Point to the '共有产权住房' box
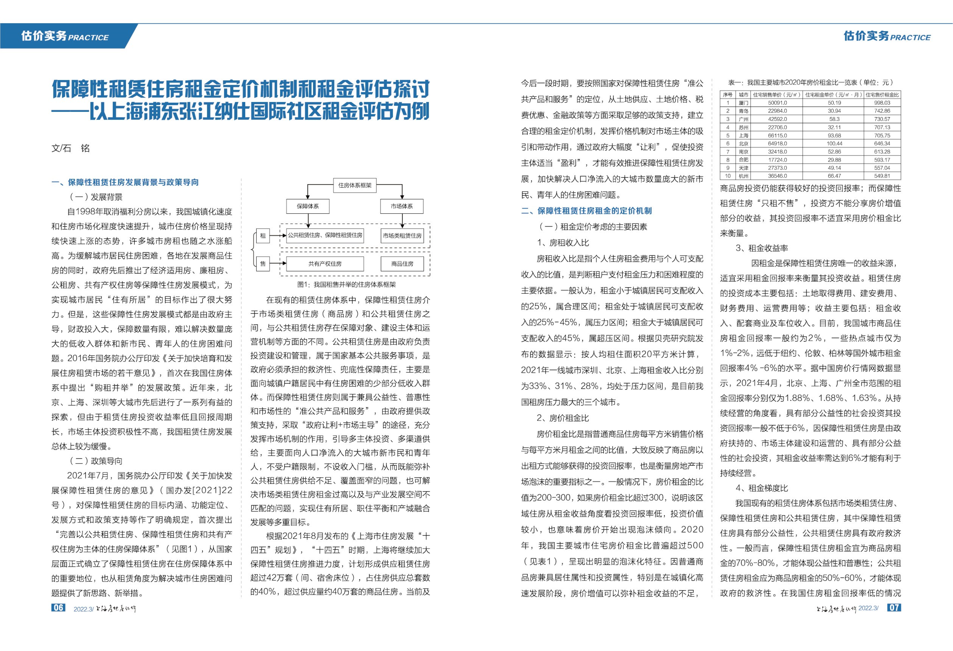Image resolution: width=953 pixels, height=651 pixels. click(x=325, y=264)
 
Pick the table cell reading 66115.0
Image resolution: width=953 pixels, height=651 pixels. click(x=777, y=135)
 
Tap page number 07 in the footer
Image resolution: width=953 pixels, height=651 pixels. click(x=894, y=607)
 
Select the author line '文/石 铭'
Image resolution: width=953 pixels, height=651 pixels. click(x=71, y=148)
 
